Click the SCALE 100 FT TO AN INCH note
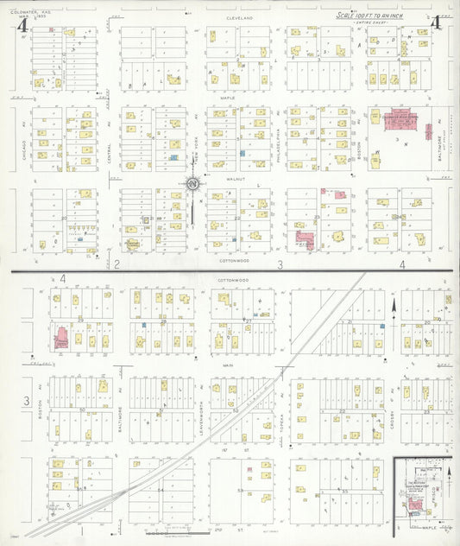(370, 16)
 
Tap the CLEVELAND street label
(241, 17)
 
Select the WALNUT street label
(227, 180)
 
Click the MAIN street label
(228, 365)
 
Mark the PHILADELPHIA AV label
(280, 138)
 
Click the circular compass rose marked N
(192, 182)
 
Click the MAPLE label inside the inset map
(422, 524)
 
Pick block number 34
(159, 490)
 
